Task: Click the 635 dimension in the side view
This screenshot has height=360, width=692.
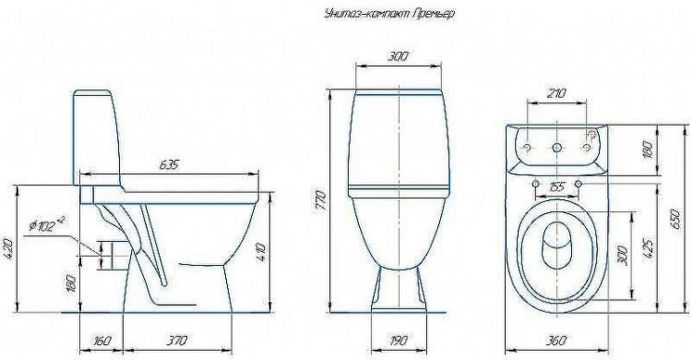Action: (169, 165)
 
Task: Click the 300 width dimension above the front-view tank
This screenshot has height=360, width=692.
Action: (399, 56)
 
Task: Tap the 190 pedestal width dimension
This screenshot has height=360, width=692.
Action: (398, 342)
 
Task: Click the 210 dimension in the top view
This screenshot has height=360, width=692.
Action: (555, 94)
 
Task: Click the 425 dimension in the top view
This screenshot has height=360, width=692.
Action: (649, 247)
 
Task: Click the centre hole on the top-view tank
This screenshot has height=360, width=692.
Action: (556, 148)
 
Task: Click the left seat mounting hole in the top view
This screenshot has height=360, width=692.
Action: (535, 185)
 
